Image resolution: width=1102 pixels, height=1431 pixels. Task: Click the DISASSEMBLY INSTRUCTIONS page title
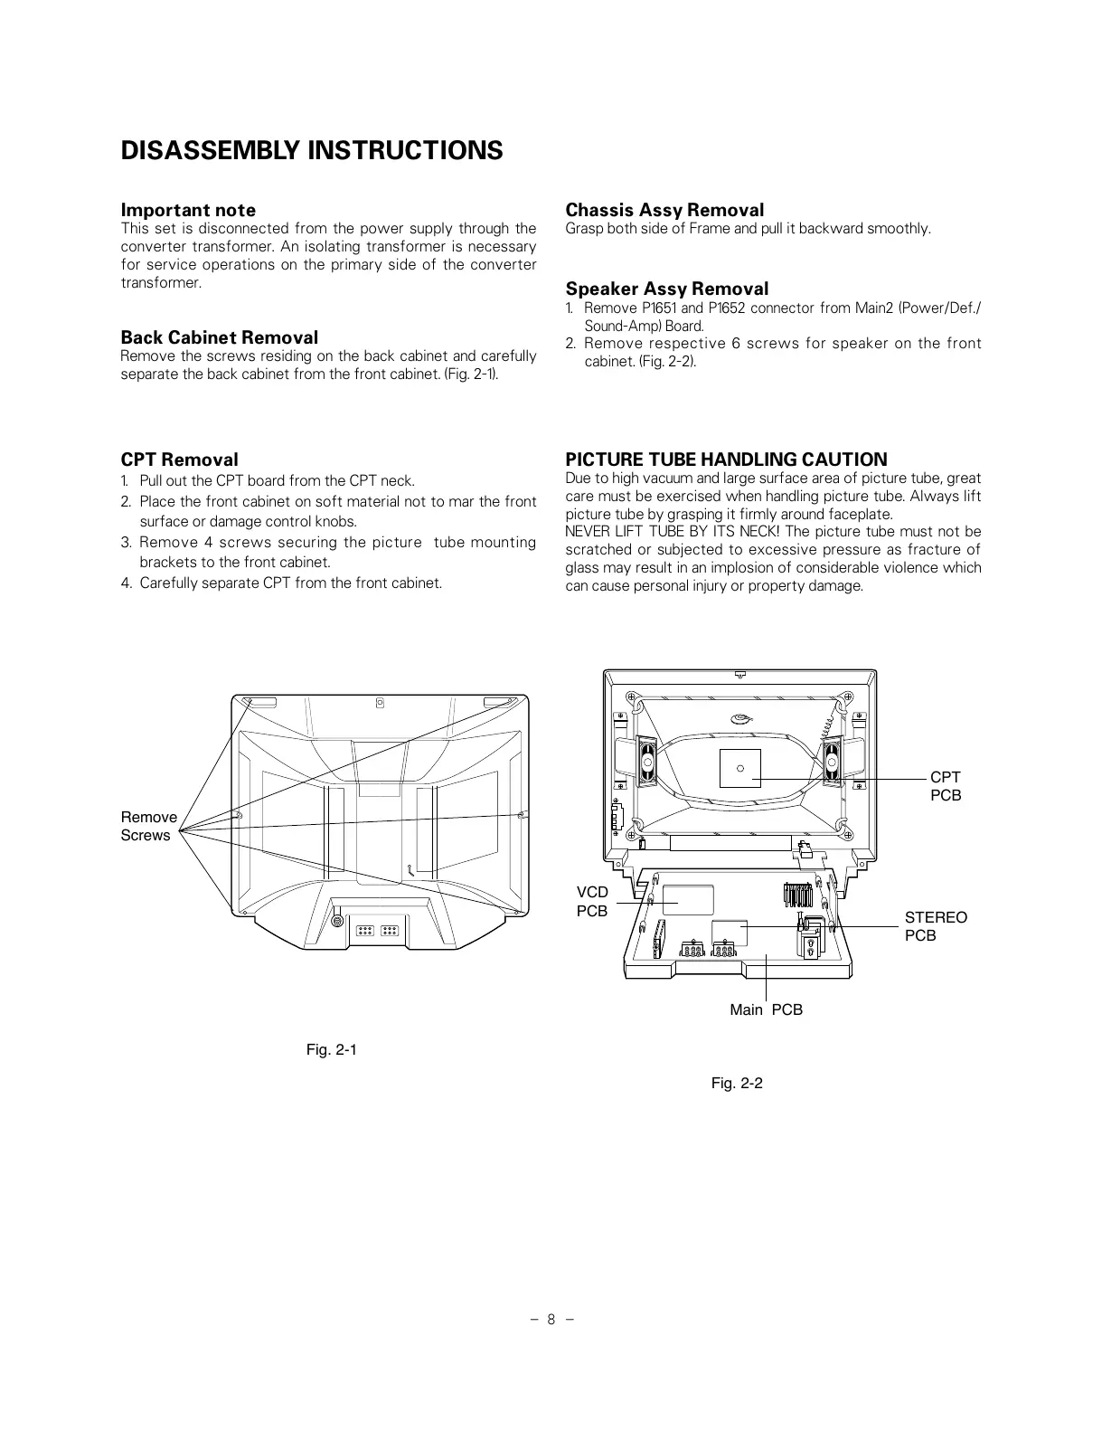point(312,150)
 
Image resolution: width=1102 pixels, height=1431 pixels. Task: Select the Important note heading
point(188,210)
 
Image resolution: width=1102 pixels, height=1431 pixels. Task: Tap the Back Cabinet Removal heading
point(220,337)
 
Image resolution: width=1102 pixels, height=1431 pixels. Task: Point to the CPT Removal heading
point(180,460)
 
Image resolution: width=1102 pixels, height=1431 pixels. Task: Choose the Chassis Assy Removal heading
point(664,210)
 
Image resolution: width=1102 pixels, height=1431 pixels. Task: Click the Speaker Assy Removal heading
point(667,289)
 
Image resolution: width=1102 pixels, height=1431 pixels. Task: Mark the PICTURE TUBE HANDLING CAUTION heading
point(726,460)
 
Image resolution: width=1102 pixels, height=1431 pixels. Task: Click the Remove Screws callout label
point(148,826)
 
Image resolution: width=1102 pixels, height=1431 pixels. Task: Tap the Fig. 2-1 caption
point(332,1049)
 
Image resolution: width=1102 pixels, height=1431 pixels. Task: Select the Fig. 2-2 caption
point(737,1083)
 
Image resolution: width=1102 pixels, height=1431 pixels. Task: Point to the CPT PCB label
point(946,786)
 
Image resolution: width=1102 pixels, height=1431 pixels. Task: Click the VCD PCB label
point(592,901)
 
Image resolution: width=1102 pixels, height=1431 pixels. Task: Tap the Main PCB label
point(766,1009)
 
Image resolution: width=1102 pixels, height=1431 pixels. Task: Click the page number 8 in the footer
point(551,1319)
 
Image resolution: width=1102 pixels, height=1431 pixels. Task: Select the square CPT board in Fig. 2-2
point(740,769)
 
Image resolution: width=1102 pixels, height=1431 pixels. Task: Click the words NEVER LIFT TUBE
point(620,532)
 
